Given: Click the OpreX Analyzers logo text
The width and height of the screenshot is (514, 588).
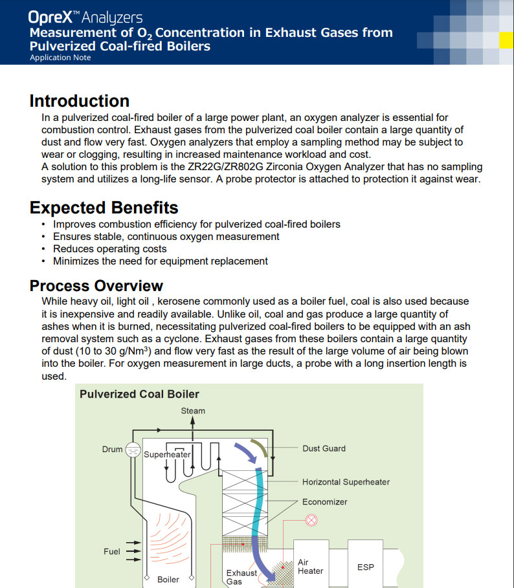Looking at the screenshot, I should point(85,17).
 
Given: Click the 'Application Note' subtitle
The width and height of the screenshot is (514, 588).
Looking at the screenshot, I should point(60,58).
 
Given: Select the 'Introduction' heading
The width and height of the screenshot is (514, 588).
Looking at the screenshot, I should point(80,101).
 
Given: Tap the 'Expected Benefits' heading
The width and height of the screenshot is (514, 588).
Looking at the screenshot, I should point(104,208).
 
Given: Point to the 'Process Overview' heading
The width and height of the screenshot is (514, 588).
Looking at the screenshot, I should point(96,286).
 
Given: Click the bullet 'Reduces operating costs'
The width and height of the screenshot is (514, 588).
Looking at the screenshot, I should point(109,249).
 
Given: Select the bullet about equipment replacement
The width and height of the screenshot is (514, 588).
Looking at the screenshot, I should point(160,261).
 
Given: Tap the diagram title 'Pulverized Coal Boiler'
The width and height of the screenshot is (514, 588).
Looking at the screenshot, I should point(139,394).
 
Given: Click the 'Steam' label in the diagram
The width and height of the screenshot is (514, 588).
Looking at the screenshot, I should point(193,411).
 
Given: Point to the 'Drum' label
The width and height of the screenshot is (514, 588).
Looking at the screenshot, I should point(112,449).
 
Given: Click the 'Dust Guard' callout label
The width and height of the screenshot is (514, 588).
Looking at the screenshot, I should point(324,448).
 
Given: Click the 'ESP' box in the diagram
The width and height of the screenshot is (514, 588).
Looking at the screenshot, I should point(366,567).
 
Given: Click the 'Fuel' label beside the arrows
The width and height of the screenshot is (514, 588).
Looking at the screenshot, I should point(112,552).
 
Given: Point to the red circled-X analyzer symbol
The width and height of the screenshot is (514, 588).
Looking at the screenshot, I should point(311,519).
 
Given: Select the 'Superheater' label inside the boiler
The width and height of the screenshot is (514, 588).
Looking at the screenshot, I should point(167,455).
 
